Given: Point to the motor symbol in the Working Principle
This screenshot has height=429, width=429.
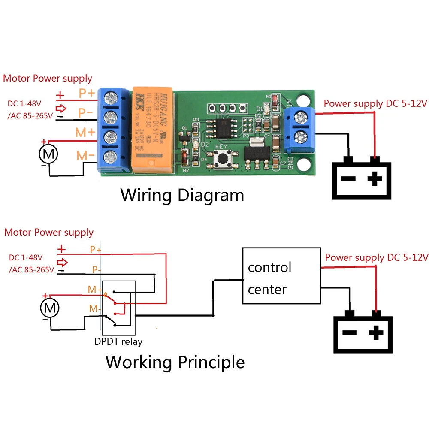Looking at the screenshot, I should pyautogui.click(x=50, y=308).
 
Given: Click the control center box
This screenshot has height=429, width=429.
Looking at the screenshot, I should pyautogui.click(x=281, y=276).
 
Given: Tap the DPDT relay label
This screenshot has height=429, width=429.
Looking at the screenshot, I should pyautogui.click(x=118, y=342).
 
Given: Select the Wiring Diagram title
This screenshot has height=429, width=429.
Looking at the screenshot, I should pyautogui.click(x=182, y=195).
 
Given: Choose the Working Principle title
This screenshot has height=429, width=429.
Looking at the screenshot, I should pyautogui.click(x=175, y=362).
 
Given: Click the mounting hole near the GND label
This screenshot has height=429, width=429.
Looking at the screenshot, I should pyautogui.click(x=305, y=165).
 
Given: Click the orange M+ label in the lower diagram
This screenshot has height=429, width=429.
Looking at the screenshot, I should pyautogui.click(x=94, y=290).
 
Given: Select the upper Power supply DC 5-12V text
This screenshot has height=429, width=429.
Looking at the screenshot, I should pyautogui.click(x=375, y=103).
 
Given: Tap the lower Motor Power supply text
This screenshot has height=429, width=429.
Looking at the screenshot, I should pyautogui.click(x=48, y=233).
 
